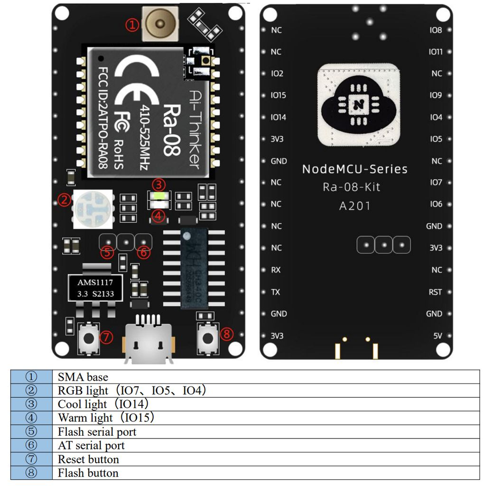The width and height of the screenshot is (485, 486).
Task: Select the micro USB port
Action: tap(149, 338)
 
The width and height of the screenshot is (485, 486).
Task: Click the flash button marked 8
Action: tap(207, 337)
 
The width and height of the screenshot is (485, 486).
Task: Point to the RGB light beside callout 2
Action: tap(92, 208)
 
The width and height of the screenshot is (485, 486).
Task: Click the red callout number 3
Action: tap(159, 184)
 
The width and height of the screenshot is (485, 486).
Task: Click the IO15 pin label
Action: tap(278, 95)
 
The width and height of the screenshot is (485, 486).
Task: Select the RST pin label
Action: tap(435, 292)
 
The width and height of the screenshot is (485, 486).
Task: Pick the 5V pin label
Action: tap(438, 336)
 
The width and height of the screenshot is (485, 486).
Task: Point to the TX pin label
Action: tap(275, 292)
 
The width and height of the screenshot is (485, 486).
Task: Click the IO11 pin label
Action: tap(435, 52)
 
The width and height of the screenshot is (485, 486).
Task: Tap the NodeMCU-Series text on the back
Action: tap(354, 169)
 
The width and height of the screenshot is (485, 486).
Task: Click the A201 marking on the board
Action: tap(354, 206)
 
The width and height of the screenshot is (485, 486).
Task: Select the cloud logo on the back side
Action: tap(358, 104)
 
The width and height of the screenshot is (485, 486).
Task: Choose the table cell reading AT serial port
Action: tap(91, 446)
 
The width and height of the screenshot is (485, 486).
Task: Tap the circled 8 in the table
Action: tap(31, 473)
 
